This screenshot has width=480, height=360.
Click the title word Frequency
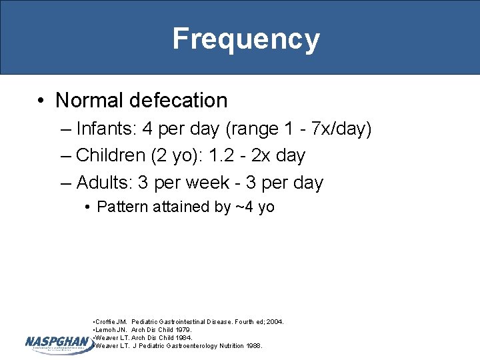tap(246, 39)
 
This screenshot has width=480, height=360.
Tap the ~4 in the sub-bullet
tap(244, 207)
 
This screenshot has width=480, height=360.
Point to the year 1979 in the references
tap(181, 329)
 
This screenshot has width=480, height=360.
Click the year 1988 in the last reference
tap(253, 345)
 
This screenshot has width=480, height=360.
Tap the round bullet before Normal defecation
tap(42, 101)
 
